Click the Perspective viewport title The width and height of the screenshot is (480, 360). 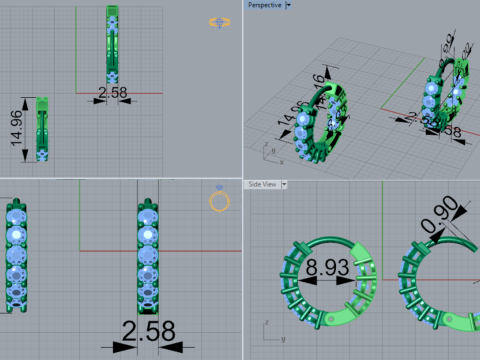(x=264, y=5)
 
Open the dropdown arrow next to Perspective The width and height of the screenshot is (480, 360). (x=288, y=5)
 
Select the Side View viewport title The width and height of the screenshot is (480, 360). (x=263, y=184)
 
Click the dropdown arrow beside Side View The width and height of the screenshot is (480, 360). (x=285, y=184)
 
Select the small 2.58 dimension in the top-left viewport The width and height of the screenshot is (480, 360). (x=112, y=92)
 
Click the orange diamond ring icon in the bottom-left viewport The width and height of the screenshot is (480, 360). (x=219, y=201)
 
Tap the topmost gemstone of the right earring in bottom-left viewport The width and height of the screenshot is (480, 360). (x=148, y=214)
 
